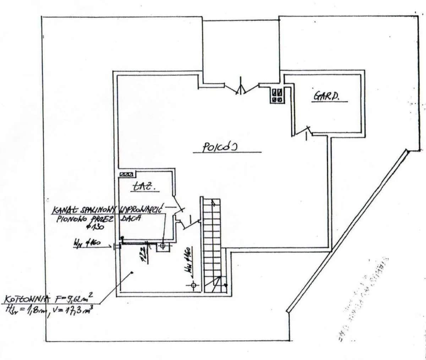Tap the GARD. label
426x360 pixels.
tap(325, 96)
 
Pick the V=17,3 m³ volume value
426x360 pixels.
tap(73, 310)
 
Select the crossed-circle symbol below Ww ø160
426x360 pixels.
tap(193, 285)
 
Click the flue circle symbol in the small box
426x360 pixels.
tap(163, 245)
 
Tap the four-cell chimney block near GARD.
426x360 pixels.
tap(277, 95)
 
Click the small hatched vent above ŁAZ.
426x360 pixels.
tap(127, 174)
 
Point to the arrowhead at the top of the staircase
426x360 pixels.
tap(213, 203)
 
